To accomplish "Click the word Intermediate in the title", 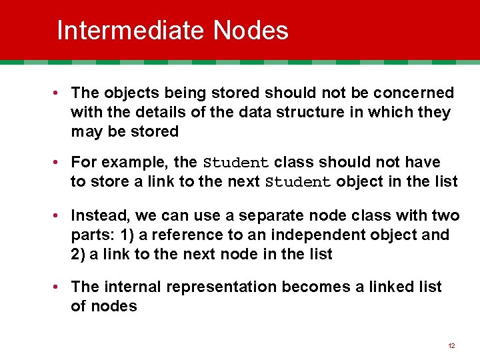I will click(x=131, y=31).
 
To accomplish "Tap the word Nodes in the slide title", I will click(x=251, y=31).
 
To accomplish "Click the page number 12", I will click(x=451, y=346).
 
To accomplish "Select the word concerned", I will click(x=412, y=93).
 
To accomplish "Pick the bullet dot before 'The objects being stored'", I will click(x=59, y=93).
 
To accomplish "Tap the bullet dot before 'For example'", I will click(x=59, y=162).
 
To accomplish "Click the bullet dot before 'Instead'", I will click(x=59, y=215).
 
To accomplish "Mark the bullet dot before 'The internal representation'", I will click(x=59, y=287).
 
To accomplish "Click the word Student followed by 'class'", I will click(x=235, y=163).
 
